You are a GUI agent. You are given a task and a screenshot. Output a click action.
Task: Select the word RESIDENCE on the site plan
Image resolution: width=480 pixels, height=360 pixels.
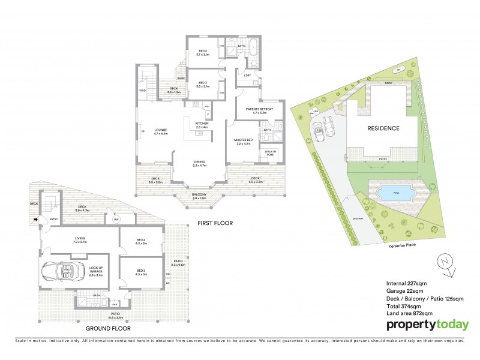tap(383, 128)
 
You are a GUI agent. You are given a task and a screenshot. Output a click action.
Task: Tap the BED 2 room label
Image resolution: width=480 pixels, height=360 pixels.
tap(202, 52)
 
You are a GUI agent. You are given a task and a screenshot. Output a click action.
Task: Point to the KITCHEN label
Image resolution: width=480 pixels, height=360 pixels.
tap(201, 124)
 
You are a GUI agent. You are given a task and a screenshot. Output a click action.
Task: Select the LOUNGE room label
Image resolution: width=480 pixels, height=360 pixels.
tap(160, 130)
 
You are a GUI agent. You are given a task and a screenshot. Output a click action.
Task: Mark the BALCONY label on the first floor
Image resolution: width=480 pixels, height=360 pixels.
tap(199, 195)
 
